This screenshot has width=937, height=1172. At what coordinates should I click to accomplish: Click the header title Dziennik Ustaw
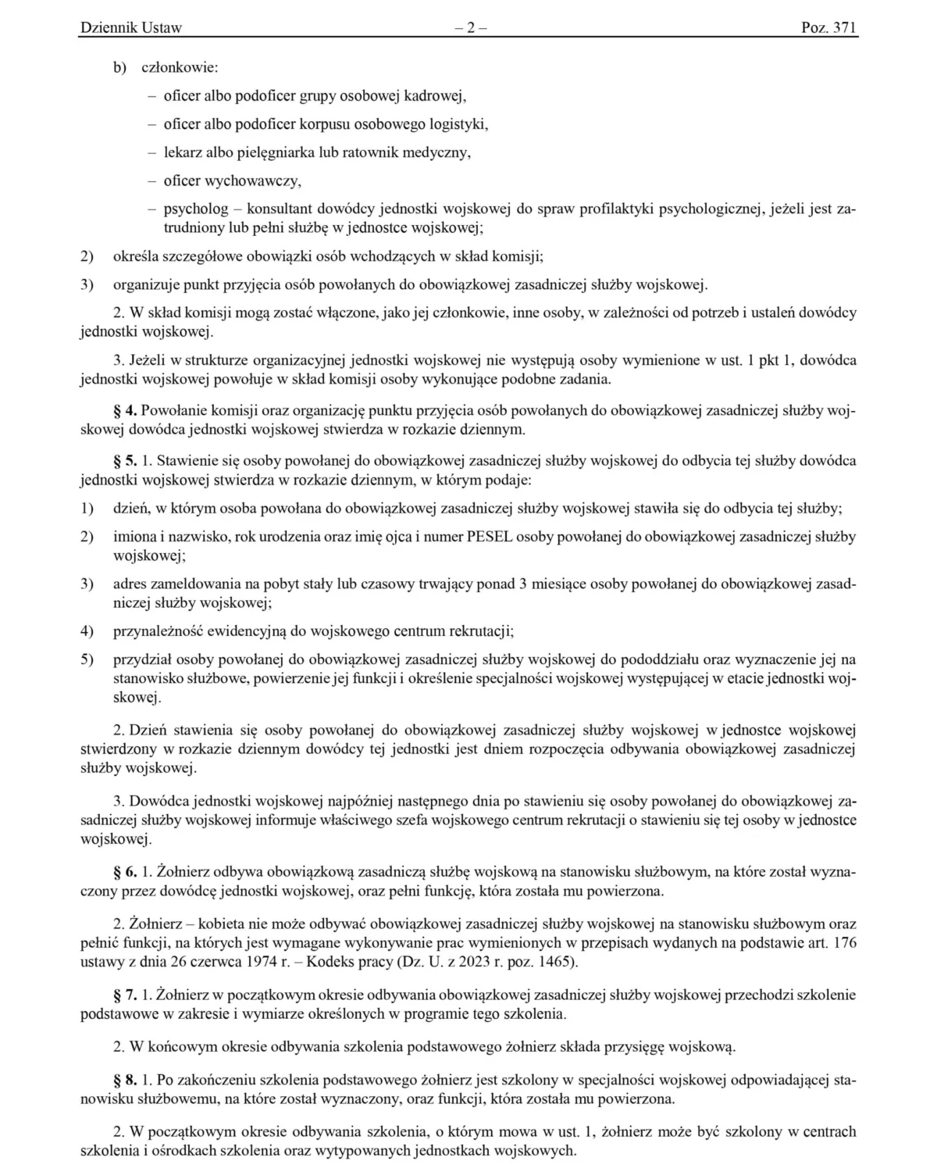pos(130,28)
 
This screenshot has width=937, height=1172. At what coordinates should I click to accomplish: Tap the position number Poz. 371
pos(828,28)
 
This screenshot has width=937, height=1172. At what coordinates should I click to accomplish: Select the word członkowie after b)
pos(180,68)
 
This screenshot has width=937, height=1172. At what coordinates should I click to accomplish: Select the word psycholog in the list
pos(196,209)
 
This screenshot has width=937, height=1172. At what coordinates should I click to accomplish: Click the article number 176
pos(845,942)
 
